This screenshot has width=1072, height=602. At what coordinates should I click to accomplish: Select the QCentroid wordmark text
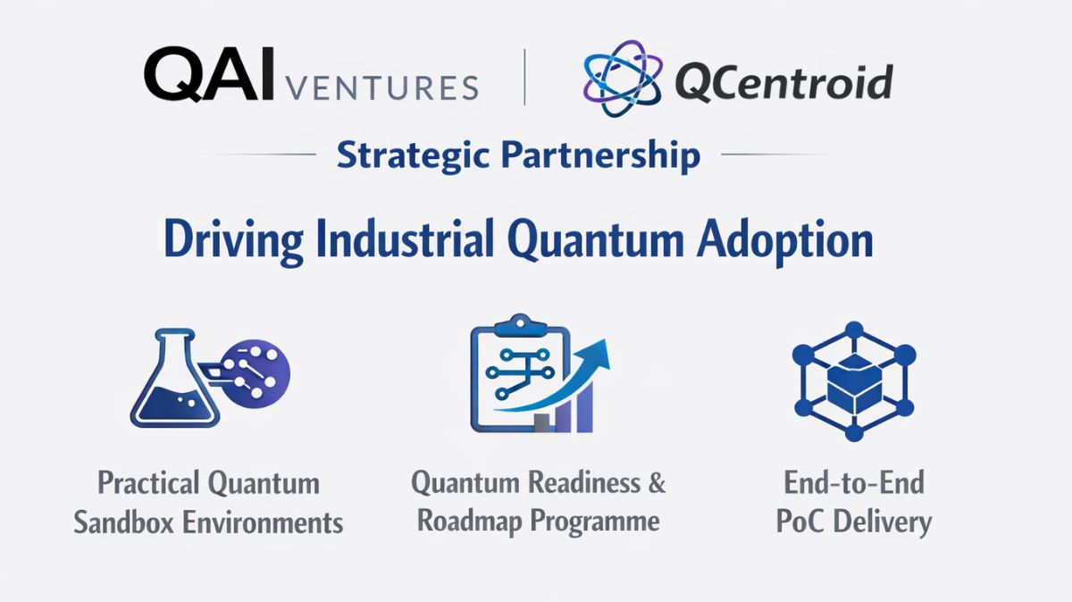[x=783, y=83]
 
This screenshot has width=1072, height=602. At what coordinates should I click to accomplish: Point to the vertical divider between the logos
[x=524, y=78]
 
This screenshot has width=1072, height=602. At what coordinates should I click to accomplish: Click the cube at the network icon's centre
[x=853, y=382]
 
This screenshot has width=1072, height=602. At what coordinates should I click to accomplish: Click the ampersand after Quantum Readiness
[x=657, y=483]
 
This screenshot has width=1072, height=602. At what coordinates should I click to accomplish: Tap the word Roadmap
[x=470, y=521]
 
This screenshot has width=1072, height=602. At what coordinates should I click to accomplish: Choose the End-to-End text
[x=853, y=483]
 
